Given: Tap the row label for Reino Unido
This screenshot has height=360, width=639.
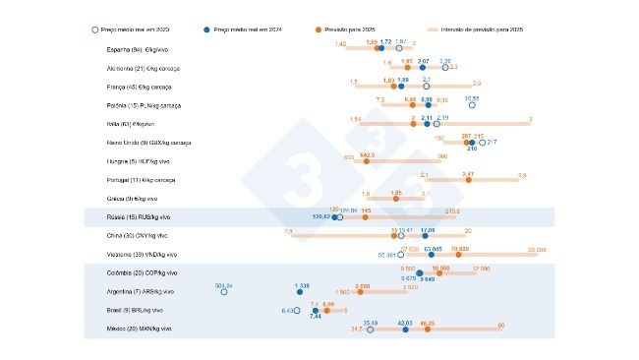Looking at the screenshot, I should (x=148, y=143).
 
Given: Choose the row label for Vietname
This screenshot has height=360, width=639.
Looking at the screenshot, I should (x=142, y=255).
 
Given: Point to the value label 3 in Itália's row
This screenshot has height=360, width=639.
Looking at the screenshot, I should (x=530, y=119).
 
